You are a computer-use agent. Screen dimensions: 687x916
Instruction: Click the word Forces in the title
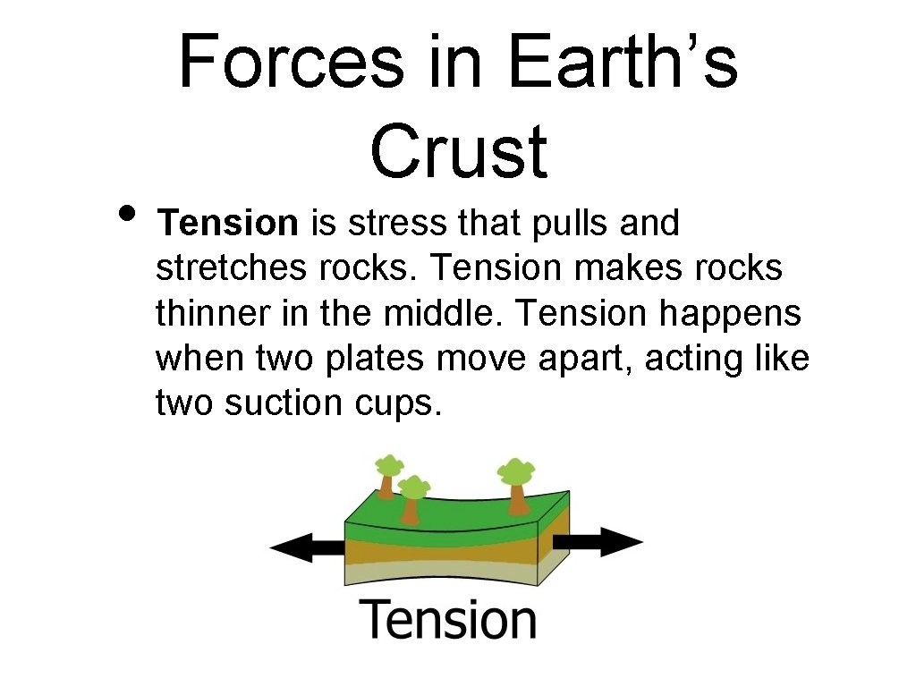(x=290, y=63)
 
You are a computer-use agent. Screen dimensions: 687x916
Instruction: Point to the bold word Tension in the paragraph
(x=227, y=224)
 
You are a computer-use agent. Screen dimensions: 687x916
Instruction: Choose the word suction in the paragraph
(x=281, y=403)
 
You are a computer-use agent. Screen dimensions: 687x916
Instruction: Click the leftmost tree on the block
(x=388, y=475)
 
